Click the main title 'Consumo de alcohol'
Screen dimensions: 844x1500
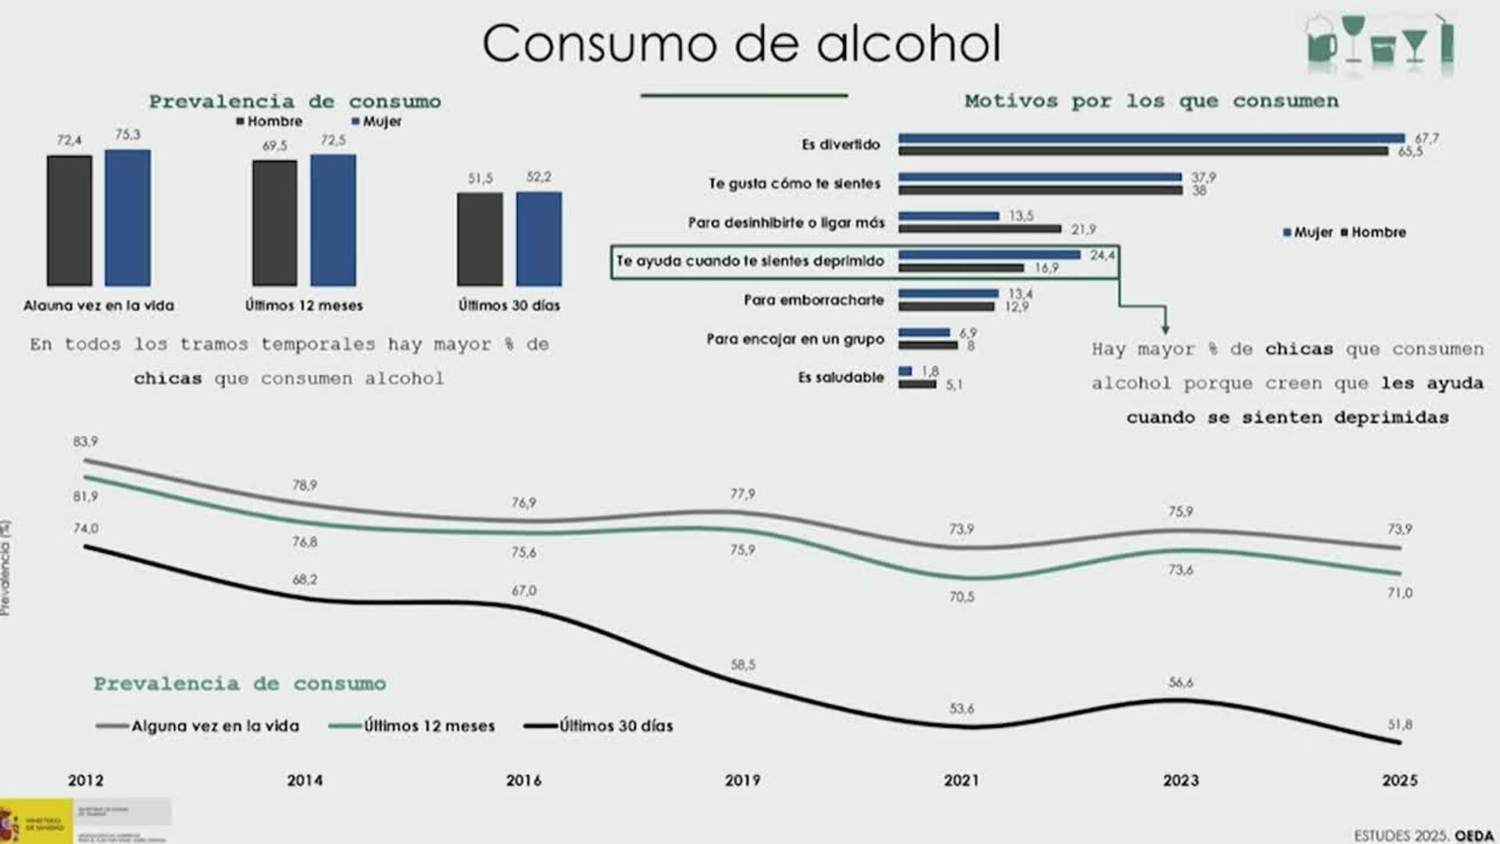[x=741, y=44]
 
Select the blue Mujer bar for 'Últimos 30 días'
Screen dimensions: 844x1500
[x=538, y=238]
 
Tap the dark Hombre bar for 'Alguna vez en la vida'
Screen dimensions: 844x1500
[x=70, y=220]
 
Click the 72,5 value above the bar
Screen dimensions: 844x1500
[x=333, y=140]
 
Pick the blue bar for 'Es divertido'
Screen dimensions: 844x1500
[x=1151, y=138]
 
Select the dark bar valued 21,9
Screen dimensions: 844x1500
[x=980, y=229]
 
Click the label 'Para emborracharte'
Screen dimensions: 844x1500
[x=813, y=300]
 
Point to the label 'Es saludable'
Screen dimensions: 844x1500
[x=841, y=377]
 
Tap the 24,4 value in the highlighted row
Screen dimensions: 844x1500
[x=1102, y=255]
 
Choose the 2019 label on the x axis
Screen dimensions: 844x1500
[x=742, y=780]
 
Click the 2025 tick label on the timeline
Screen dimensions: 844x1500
[x=1399, y=780]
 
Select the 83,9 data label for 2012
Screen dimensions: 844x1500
[x=86, y=442]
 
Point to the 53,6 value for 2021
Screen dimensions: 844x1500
[x=962, y=709]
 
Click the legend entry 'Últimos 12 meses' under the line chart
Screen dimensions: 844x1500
[x=412, y=726]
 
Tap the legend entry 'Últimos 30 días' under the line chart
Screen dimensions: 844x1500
[x=599, y=726]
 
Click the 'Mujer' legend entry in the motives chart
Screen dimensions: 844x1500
[x=1308, y=232]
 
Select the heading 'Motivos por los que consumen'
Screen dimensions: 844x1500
[x=1151, y=101]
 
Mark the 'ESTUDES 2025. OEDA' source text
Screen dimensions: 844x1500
[x=1423, y=835]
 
